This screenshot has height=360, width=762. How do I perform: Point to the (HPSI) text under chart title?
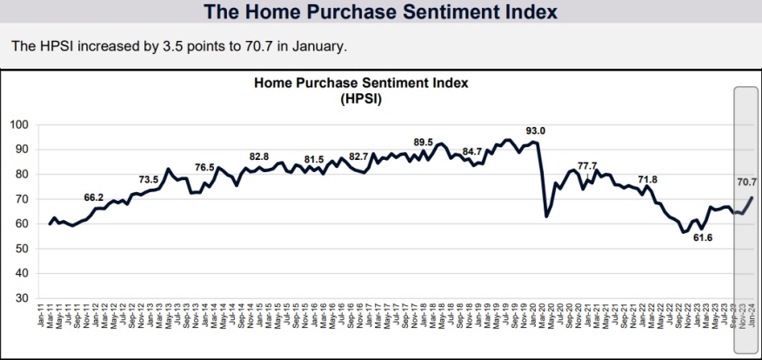361,100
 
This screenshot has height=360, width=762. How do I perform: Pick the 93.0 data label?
537,131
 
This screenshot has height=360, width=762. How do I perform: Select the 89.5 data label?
423,142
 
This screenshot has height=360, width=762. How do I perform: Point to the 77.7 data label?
588,165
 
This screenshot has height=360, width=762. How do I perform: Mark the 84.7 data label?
472,151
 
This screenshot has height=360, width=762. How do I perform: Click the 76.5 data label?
204,167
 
